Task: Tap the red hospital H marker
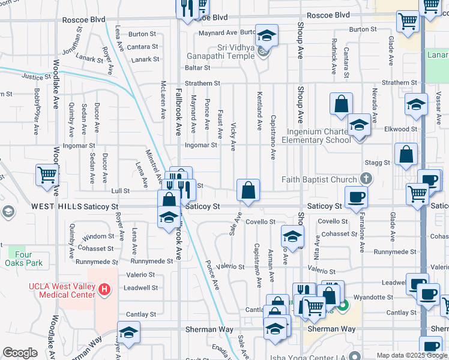[105, 290]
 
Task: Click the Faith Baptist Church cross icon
[364, 179]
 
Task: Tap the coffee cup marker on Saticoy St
[356, 197]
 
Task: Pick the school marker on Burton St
[267, 35]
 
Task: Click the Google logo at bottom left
[20, 353]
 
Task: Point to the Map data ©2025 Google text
[411, 355]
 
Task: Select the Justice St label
[34, 77]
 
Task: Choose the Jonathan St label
[76, 46]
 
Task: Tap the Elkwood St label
[400, 129]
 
